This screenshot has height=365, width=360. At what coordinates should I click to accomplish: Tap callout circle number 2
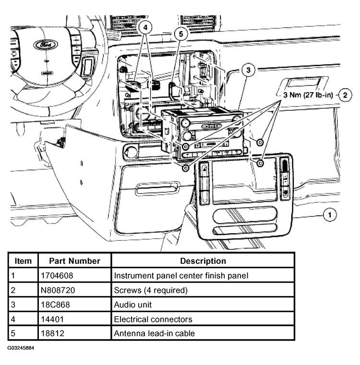tap(344, 95)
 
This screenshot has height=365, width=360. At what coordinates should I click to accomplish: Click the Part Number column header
tap(74, 261)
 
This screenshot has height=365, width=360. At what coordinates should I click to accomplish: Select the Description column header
tap(203, 261)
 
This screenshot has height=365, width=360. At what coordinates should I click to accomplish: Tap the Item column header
tap(23, 261)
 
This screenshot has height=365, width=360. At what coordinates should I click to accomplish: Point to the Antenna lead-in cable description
tap(154, 333)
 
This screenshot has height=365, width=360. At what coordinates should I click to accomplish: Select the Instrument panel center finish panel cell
tap(180, 276)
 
